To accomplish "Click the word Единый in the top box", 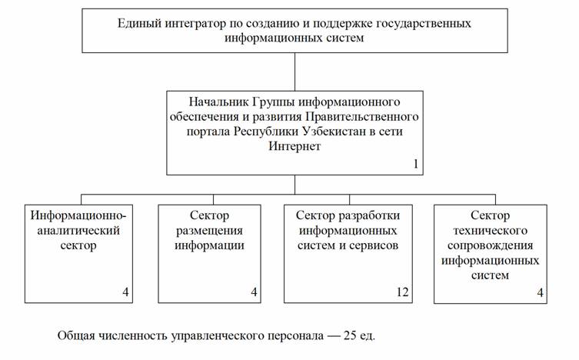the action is [x=140, y=24].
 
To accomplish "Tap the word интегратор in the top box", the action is [x=195, y=24].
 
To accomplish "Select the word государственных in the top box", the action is [x=424, y=24].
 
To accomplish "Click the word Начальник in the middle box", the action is [x=219, y=102].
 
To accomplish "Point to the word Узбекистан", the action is [x=334, y=132].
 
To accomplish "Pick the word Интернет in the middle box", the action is [x=294, y=146].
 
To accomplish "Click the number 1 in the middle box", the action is [x=416, y=164].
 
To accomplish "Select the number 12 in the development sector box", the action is [x=402, y=292].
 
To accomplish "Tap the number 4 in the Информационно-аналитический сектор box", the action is [x=125, y=292].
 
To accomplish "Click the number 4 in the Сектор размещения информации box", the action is [x=254, y=292].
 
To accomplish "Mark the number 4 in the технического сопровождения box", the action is [x=541, y=292].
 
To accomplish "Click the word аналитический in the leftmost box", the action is [x=78, y=231].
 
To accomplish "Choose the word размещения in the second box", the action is [x=209, y=231].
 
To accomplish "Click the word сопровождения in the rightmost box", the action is [x=491, y=245].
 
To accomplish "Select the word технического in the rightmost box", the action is [x=491, y=231].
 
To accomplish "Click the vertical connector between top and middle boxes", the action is [x=294, y=72].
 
